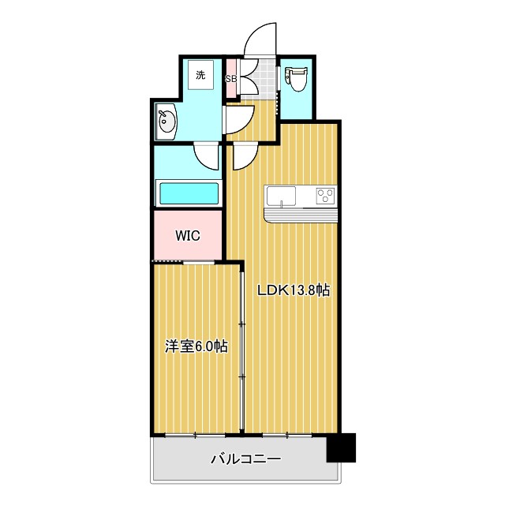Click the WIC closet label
187,236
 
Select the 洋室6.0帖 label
196,346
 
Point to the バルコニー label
245,458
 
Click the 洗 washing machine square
200,75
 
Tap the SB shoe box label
231,79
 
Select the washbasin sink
166,122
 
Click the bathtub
189,193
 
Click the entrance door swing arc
260,41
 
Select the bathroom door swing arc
207,156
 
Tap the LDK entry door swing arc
242,156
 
